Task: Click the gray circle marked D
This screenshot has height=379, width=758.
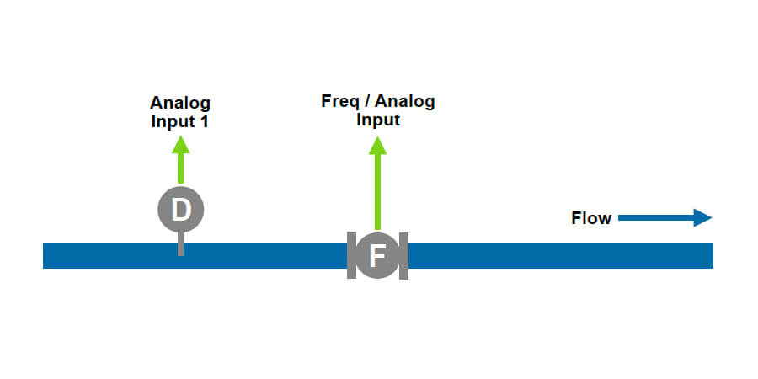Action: (180, 208)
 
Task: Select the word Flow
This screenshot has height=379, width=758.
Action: (591, 219)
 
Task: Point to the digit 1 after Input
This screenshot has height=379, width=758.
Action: (205, 120)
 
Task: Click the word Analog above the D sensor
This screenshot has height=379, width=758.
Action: (180, 104)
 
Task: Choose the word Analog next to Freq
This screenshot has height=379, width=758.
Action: (405, 102)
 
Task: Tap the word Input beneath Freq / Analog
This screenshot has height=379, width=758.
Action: (377, 120)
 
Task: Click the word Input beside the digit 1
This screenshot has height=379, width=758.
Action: (173, 120)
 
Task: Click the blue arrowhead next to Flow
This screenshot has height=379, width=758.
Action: (703, 219)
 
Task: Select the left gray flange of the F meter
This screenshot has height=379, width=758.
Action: (350, 255)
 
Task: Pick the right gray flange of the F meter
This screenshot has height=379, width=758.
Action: (404, 255)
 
